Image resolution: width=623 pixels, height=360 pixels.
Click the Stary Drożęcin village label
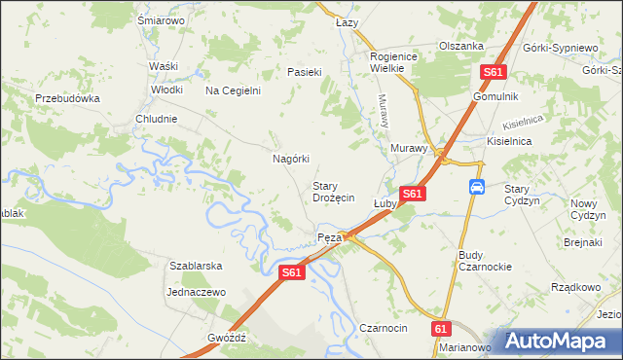tap(332, 191)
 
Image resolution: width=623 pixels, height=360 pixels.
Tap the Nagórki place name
tap(290, 159)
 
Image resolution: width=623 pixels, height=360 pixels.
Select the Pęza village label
tap(328, 237)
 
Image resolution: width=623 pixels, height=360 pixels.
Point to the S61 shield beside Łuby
tap(412, 195)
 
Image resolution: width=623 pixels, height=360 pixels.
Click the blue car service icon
tap(477, 186)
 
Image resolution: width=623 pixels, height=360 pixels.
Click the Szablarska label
tap(197, 266)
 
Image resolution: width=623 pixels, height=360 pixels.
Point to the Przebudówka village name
tap(68, 98)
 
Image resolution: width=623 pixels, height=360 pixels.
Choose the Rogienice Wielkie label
tap(393, 63)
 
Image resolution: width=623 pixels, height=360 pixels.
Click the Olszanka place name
tap(461, 46)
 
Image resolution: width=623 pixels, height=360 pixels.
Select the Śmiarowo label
tap(162, 19)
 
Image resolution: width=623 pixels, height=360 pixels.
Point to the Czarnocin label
tap(384, 328)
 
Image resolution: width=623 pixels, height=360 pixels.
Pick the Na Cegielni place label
tap(233, 90)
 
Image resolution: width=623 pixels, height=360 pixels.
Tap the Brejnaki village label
tap(584, 241)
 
